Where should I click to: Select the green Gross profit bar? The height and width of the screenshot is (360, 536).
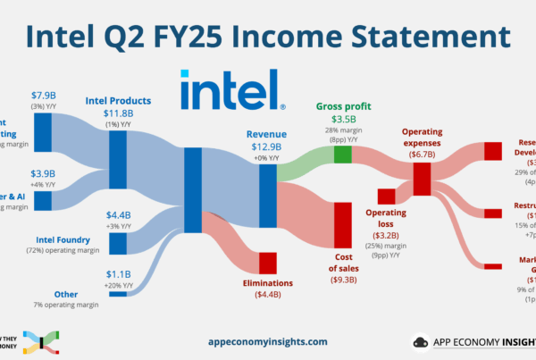(x=343, y=155)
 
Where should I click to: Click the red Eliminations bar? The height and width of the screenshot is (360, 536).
(x=267, y=263)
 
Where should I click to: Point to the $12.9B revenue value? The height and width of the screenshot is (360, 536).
(x=267, y=147)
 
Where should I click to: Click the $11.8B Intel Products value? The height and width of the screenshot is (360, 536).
(x=118, y=113)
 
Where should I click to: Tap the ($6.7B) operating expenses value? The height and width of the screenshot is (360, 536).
(x=422, y=154)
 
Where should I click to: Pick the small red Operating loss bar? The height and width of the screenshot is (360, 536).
(x=386, y=196)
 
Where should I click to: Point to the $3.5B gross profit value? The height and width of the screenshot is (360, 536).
(x=343, y=118)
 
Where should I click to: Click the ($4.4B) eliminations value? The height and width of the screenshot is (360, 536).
(x=267, y=294)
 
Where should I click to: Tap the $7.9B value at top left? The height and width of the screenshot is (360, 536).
(x=43, y=95)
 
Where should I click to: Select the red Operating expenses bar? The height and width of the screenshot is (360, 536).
(x=422, y=179)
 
